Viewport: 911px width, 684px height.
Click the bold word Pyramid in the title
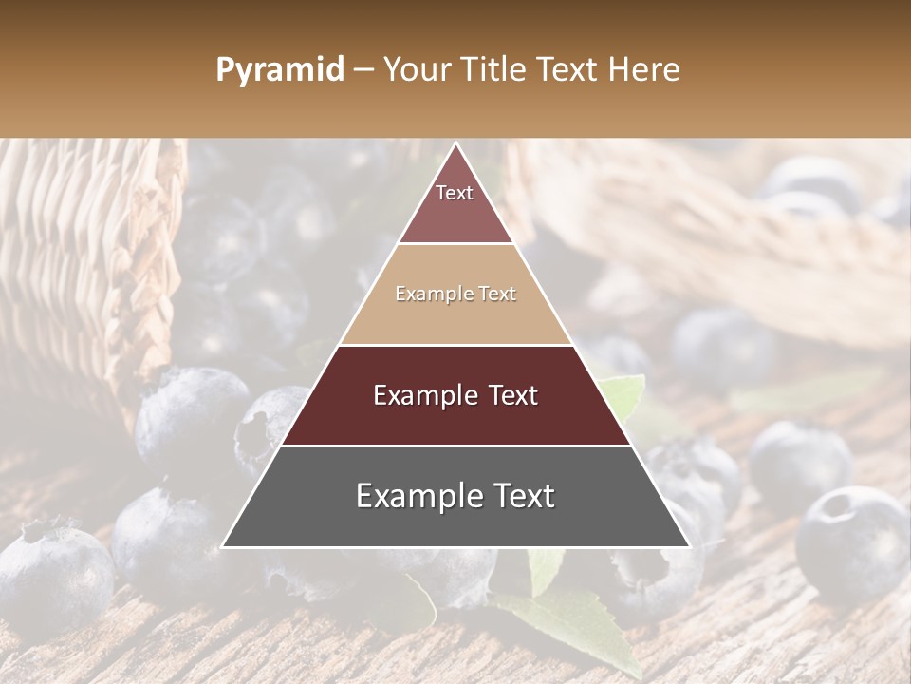279,69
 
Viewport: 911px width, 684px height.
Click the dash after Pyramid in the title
363,70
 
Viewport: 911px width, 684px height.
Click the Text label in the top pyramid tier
455,193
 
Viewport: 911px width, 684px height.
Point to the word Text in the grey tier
522,496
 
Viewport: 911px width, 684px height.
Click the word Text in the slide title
571,69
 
